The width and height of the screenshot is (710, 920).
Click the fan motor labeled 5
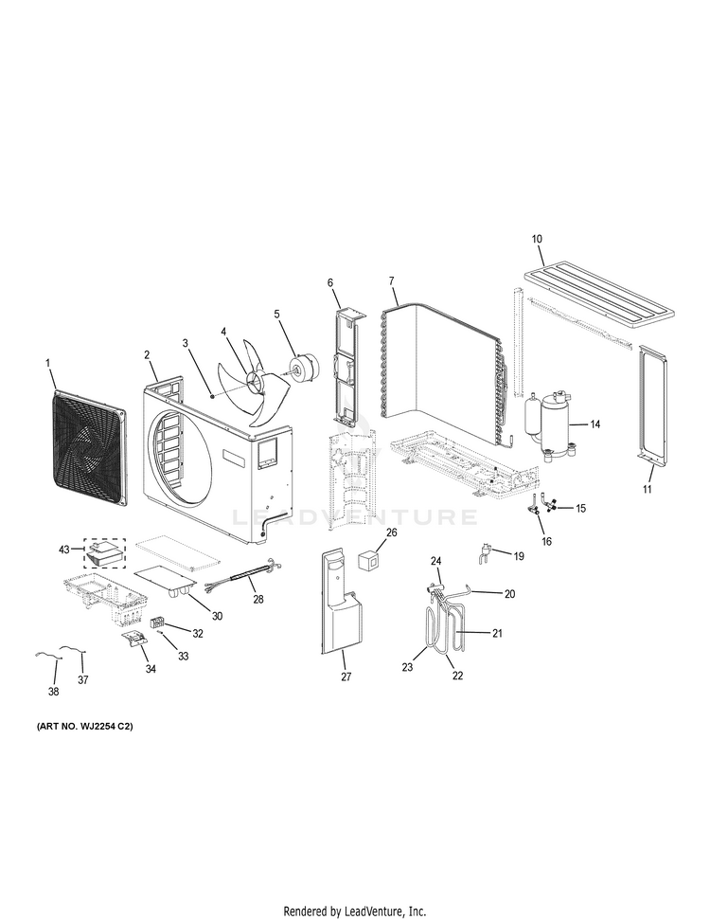coord(308,364)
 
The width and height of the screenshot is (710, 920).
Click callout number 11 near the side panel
coord(648,489)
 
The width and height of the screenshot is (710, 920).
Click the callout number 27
coord(346,676)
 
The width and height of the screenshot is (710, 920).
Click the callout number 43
coord(64,550)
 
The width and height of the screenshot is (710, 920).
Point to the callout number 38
coord(53,692)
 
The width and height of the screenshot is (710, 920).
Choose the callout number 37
coord(82,679)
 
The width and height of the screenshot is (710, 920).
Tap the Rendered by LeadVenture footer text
coord(354,911)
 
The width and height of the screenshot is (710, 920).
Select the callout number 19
coord(518,555)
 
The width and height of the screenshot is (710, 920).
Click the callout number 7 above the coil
coord(391,281)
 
